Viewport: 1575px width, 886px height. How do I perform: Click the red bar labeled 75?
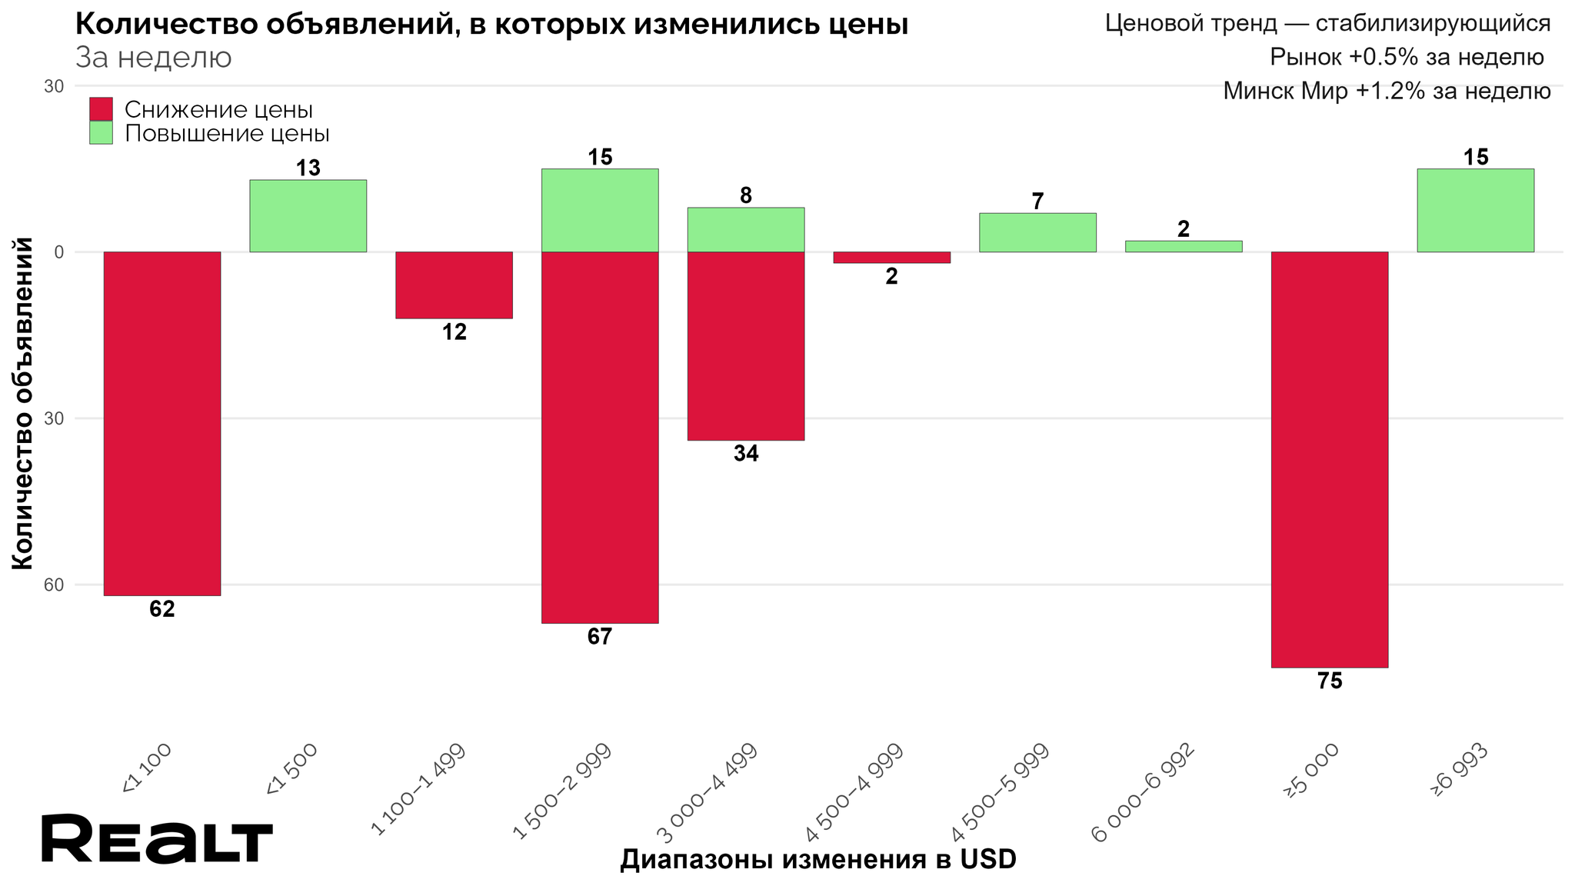[1329, 459]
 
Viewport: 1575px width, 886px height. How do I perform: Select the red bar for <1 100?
[162, 423]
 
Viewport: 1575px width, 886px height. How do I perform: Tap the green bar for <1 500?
[308, 215]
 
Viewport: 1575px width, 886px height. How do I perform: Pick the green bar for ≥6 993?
[1475, 210]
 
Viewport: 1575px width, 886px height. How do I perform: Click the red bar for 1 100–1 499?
[454, 285]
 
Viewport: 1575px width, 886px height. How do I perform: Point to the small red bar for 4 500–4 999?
[891, 258]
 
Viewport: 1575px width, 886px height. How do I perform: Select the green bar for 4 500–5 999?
[1037, 232]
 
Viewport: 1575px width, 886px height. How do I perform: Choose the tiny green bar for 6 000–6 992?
[1183, 246]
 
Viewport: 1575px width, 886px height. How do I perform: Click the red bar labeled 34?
[745, 346]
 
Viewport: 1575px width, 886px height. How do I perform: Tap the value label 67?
[600, 637]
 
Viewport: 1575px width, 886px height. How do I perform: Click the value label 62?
[162, 610]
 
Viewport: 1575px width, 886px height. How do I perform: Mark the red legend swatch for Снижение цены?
[101, 109]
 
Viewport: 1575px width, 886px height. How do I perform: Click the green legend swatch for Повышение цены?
[101, 133]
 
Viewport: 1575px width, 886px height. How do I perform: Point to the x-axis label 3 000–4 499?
[708, 792]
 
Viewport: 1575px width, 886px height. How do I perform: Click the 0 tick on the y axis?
[58, 252]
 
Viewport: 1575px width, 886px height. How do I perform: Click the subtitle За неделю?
[154, 58]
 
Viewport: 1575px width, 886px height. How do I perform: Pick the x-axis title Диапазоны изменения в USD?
[818, 860]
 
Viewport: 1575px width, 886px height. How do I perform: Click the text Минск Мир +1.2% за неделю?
[1387, 92]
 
